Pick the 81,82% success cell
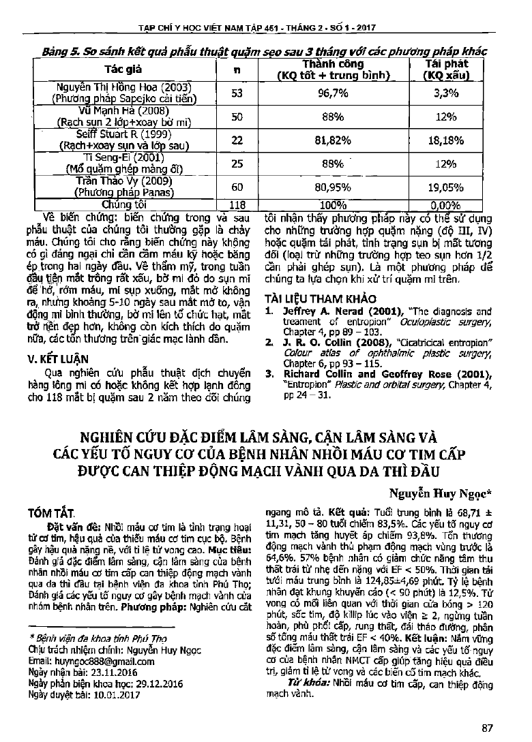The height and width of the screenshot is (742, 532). coord(331,140)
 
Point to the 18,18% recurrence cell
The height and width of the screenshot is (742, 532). coord(445,140)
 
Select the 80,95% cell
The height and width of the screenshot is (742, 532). coord(331,186)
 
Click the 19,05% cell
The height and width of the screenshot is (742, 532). coord(445,186)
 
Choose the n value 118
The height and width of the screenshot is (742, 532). coord(237,203)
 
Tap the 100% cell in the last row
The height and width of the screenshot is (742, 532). coord(331,203)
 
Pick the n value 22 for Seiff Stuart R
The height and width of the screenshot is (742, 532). coord(237,140)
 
